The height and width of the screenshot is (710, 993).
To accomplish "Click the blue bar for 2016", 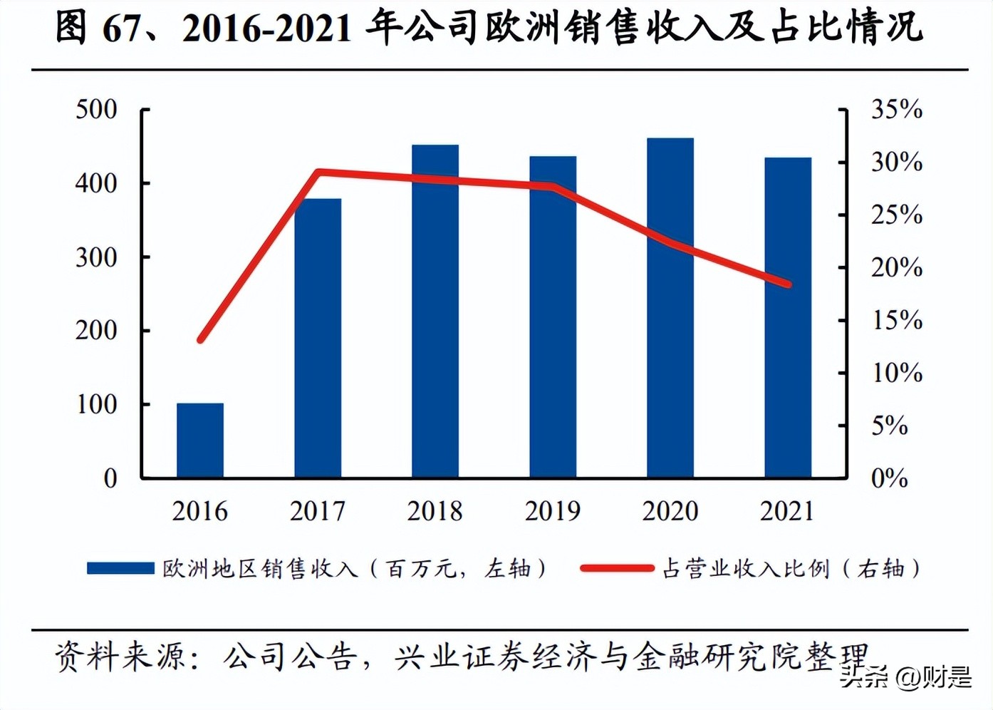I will click(200, 440).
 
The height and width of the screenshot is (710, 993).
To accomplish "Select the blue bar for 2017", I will click(318, 338).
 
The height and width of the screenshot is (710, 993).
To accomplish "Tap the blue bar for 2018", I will click(435, 311).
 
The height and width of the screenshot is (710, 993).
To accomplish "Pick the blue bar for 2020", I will click(670, 307).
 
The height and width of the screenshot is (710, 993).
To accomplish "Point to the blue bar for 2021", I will click(788, 317).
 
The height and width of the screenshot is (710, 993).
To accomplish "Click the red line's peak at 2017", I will click(318, 173).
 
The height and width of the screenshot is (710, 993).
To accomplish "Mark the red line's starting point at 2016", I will click(201, 340).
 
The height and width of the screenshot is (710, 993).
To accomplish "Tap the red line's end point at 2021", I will click(788, 284).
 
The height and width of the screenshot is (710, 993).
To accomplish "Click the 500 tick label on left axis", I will click(96, 110).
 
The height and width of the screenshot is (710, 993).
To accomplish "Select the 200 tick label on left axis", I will click(96, 331).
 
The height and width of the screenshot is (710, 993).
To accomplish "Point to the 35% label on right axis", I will click(896, 110).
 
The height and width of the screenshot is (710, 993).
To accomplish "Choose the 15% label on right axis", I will click(896, 321).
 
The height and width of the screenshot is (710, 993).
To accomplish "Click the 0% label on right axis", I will click(889, 478).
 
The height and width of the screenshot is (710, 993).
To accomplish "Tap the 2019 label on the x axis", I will click(553, 511).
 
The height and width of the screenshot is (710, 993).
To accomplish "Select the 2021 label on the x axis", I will click(787, 511).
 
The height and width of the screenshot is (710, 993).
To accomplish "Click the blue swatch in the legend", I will click(120, 568).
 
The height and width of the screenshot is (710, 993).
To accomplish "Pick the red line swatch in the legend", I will click(616, 568).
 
